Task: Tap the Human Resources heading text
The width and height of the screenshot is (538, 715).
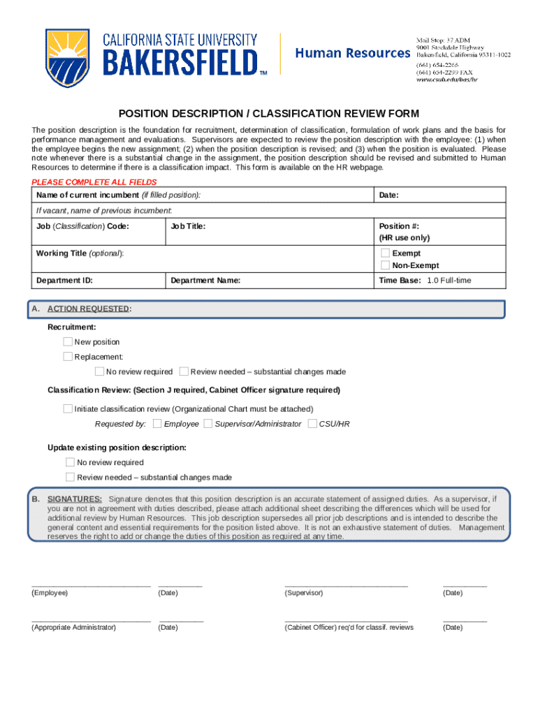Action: coord(353,53)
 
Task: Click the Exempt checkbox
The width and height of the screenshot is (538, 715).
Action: coord(385,253)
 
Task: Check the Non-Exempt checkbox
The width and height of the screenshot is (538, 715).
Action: coord(385,265)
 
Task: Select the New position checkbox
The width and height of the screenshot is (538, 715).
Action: coord(68,342)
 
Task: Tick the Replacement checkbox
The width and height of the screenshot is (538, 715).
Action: coord(68,357)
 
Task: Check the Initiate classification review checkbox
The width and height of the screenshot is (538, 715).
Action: coord(68,408)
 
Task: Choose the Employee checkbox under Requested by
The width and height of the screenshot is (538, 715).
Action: coord(157,424)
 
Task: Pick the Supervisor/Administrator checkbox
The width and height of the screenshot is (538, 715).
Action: coord(208,424)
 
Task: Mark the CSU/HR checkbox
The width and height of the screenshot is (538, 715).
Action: coord(312,424)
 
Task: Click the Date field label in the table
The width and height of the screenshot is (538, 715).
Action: coord(388,196)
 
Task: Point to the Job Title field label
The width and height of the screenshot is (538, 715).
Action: coord(188,227)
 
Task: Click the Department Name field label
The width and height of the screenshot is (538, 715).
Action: coord(205,281)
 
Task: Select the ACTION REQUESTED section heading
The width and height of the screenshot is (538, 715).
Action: coord(88,309)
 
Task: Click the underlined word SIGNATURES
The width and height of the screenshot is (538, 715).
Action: coord(75,499)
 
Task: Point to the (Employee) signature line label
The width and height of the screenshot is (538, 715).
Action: coord(50,593)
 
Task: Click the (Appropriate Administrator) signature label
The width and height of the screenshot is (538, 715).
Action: coord(73,628)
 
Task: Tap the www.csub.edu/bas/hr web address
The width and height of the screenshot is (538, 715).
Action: coord(447,80)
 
